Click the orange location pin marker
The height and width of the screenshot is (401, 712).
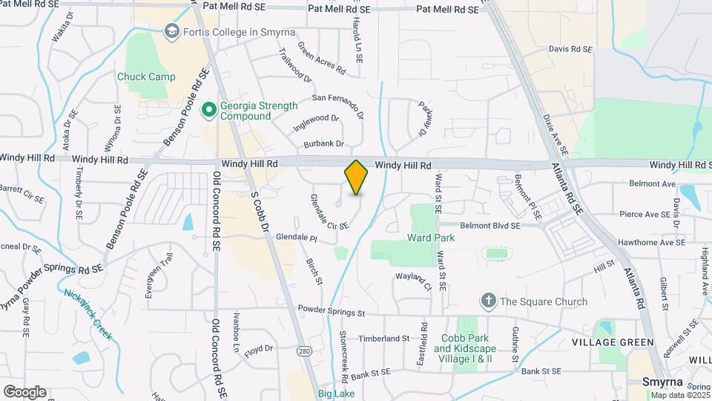click(356, 177)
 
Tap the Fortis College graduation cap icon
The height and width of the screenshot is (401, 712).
click(172, 30)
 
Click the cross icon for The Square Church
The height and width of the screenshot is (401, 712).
click(488, 301)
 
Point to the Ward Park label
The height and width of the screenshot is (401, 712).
click(431, 238)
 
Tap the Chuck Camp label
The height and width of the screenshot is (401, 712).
click(146, 76)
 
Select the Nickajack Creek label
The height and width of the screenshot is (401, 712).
click(88, 314)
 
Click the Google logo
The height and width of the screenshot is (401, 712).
click(24, 392)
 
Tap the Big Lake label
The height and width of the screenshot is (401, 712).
click(337, 393)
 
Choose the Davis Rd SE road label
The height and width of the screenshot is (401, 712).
click(570, 49)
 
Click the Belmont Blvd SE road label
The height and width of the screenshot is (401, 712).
click(489, 225)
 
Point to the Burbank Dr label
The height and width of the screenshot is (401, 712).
click(328, 143)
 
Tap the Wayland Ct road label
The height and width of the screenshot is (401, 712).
click(413, 281)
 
